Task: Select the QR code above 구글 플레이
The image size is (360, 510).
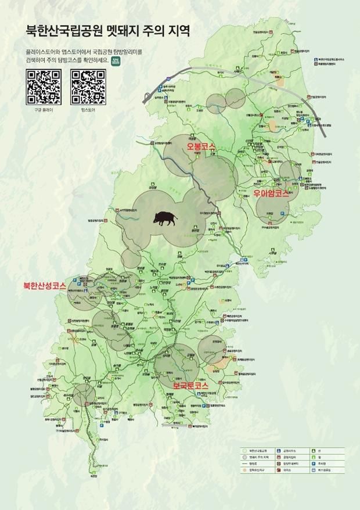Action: [44, 86]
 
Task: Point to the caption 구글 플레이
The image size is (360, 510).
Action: [44, 110]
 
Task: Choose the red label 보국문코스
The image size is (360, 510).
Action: [191, 385]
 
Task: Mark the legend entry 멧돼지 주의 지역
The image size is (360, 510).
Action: [256, 457]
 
